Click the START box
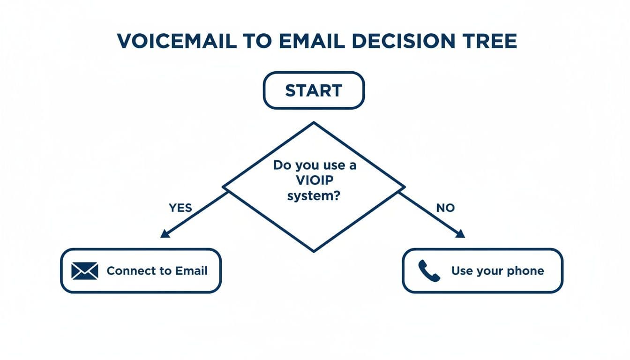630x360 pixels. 314,90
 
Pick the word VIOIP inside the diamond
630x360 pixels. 314,181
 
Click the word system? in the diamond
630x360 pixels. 314,196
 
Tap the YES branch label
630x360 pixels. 180,208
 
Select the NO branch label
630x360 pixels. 445,208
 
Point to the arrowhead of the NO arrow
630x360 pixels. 461,233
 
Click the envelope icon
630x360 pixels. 85,271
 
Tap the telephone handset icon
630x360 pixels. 429,271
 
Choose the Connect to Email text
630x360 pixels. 157,271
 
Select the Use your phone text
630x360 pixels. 497,271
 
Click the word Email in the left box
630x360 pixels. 191,271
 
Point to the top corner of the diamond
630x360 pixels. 314,123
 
